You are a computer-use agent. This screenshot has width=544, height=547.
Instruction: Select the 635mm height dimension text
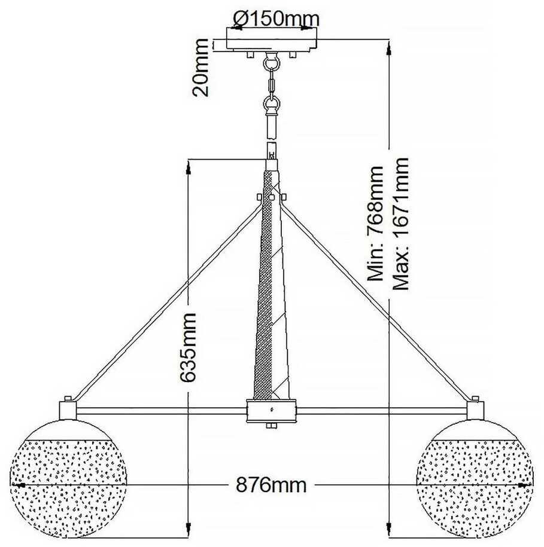point(188,345)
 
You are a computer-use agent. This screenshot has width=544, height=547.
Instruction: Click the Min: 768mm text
point(375,223)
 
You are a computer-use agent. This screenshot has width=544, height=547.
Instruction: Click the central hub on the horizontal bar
point(272,411)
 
